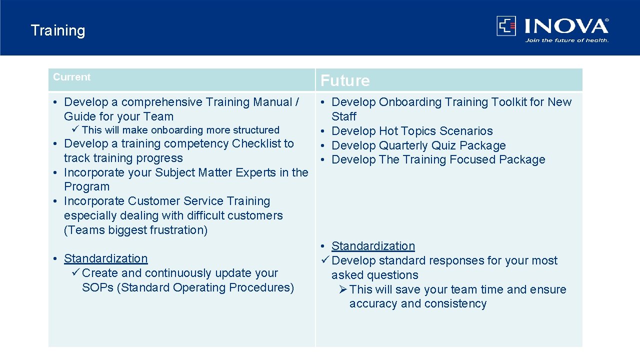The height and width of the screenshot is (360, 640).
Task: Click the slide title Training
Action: click(58, 30)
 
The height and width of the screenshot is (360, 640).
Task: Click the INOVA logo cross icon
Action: click(506, 25)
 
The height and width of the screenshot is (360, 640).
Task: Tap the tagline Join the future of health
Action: click(566, 40)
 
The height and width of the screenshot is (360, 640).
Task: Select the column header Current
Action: click(72, 77)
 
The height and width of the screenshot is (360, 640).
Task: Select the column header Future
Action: click(345, 80)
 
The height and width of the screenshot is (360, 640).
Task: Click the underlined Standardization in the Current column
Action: click(106, 258)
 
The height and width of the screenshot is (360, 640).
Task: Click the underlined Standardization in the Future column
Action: click(373, 246)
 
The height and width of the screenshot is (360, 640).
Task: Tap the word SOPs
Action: click(97, 287)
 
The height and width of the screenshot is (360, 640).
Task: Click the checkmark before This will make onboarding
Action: click(75, 130)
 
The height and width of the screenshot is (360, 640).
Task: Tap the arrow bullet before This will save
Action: click(342, 289)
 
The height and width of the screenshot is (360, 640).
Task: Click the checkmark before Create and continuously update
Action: click(75, 273)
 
